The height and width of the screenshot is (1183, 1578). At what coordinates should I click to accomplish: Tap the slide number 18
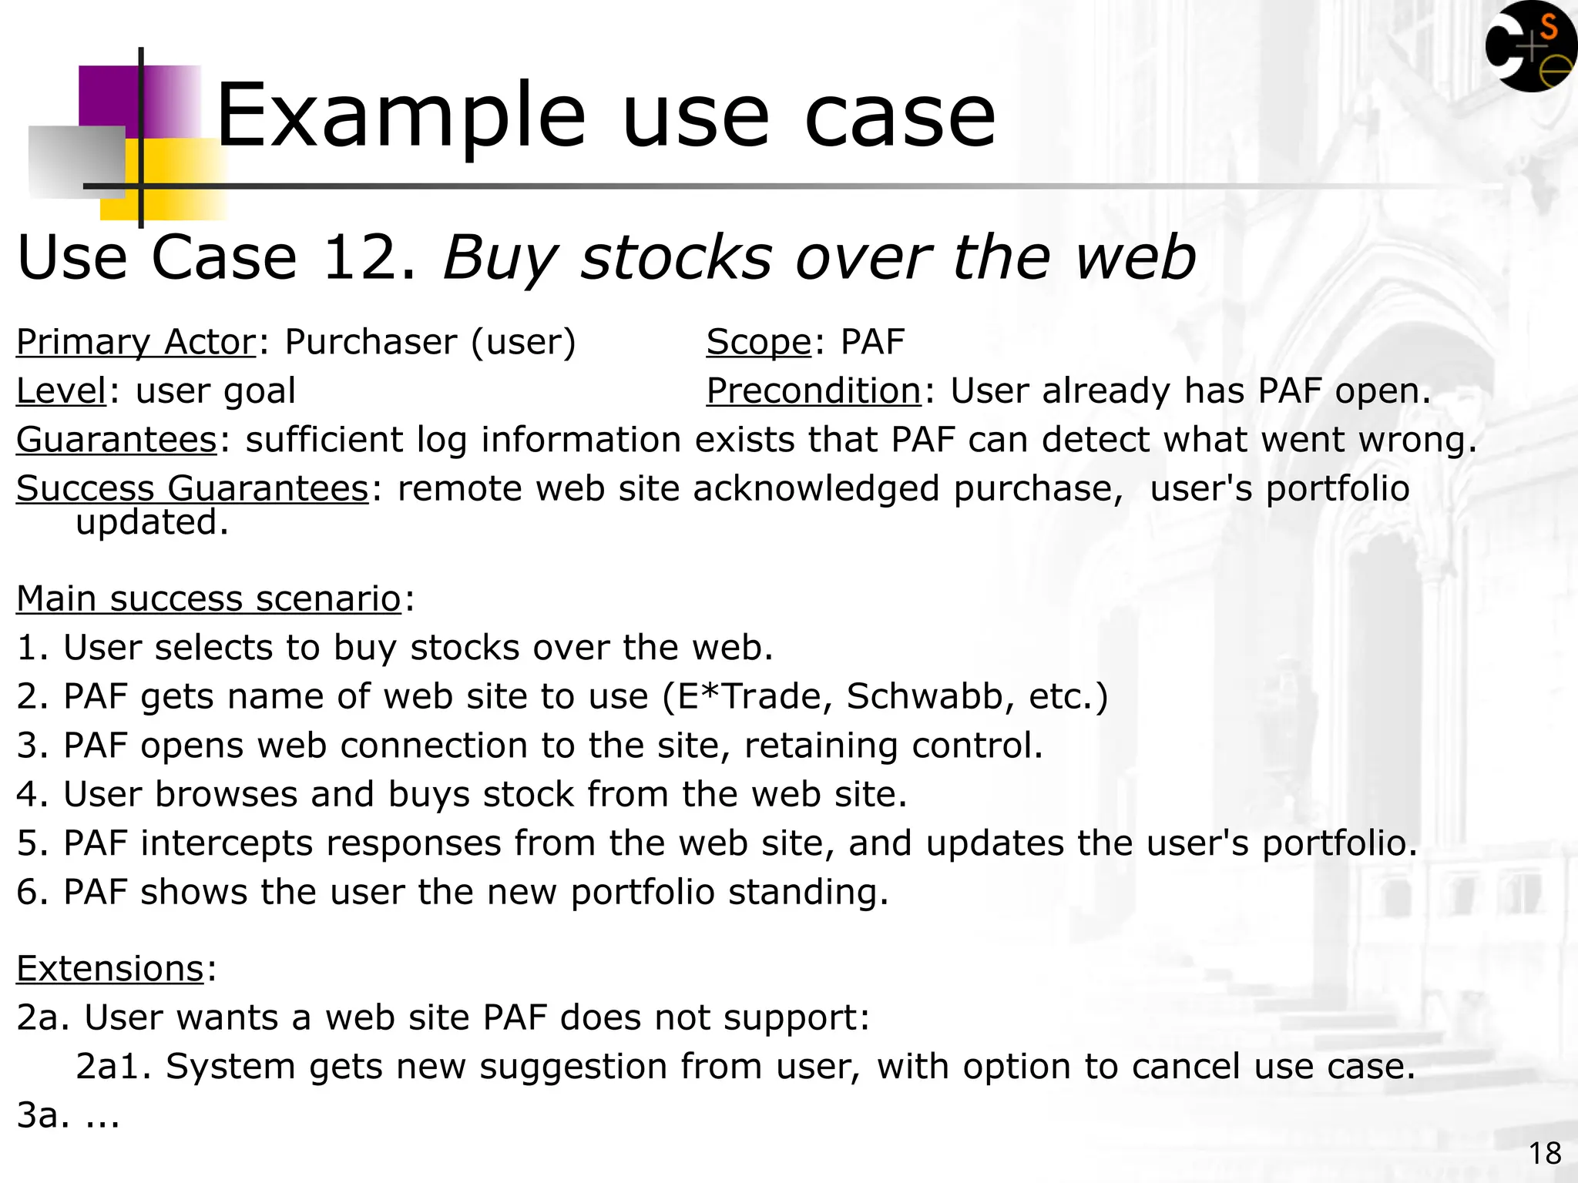coord(1544,1154)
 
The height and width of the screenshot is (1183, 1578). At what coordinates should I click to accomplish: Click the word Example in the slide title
coord(401,117)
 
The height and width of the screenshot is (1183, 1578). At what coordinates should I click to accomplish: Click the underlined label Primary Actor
coord(136,342)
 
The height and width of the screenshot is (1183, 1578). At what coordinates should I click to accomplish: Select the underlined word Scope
coord(758,342)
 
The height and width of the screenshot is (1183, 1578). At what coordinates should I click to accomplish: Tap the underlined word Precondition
coord(813,391)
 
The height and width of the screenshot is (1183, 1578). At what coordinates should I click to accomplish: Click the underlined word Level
coord(61,391)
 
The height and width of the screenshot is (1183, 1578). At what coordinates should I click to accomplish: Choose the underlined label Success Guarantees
coord(193,489)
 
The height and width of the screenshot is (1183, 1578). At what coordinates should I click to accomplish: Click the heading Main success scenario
coord(208,599)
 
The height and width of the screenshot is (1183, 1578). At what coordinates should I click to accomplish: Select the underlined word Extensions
coord(109,969)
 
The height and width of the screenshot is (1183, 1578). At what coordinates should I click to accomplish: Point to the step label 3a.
coord(38,1116)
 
